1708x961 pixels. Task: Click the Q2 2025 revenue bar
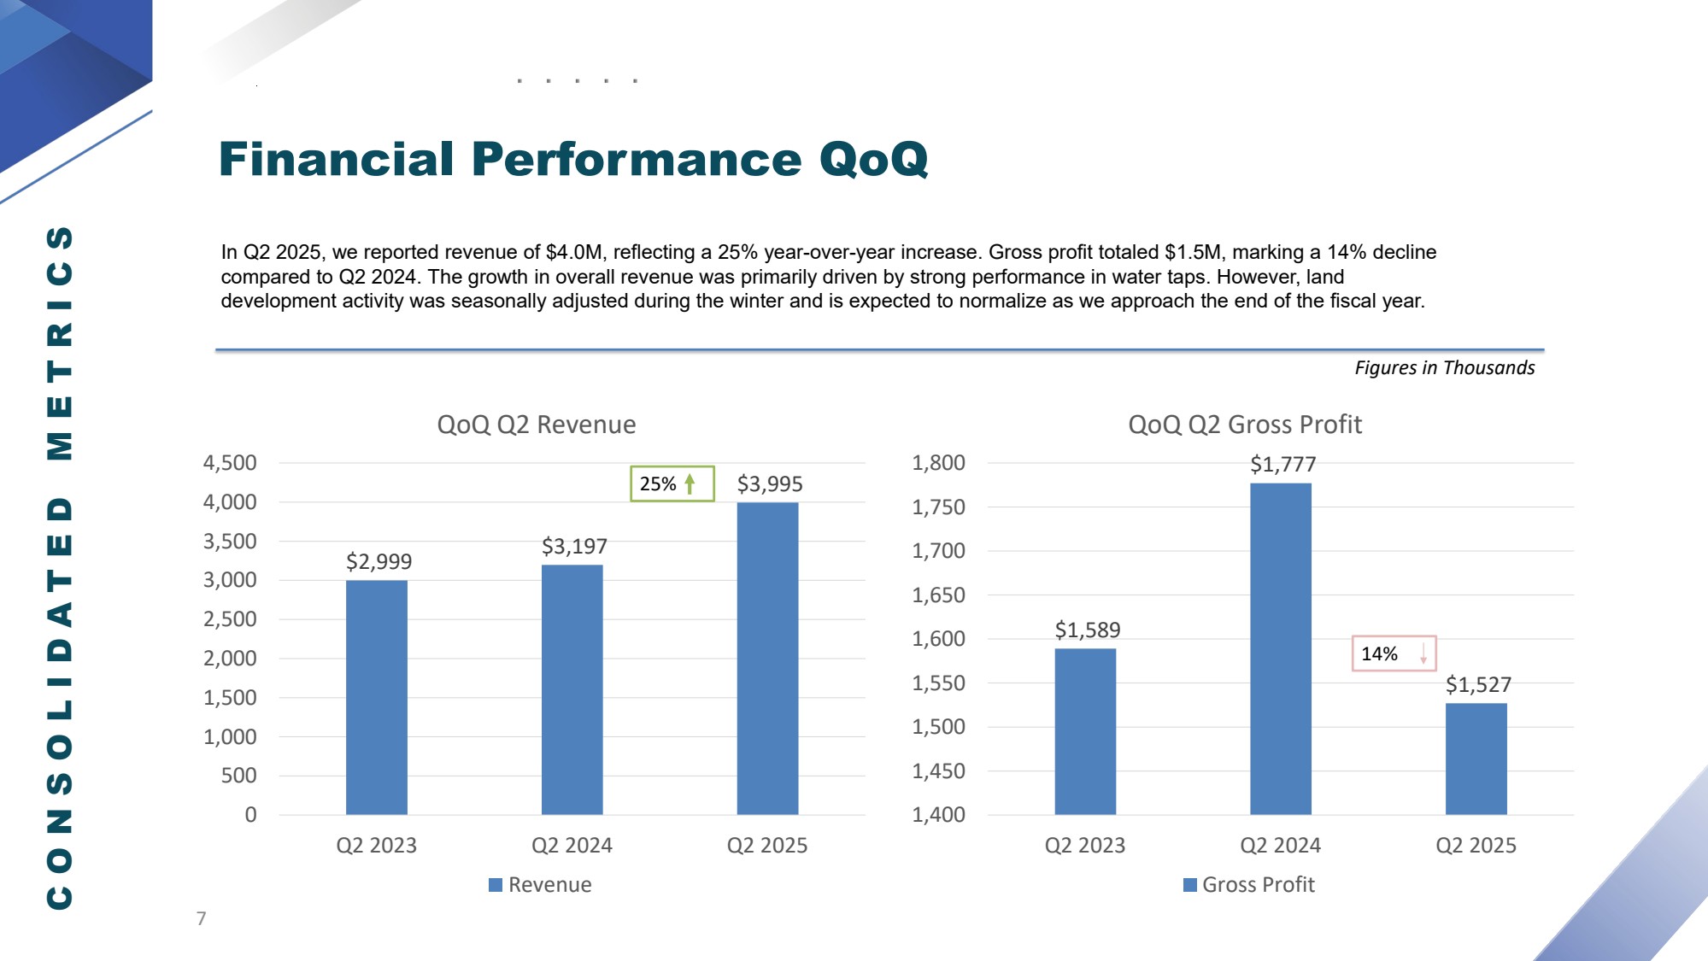(767, 658)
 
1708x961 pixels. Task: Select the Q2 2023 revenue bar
(376, 697)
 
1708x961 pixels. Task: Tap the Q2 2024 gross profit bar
(1280, 648)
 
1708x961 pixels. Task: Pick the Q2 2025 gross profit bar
(1476, 759)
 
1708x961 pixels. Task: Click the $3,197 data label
(574, 547)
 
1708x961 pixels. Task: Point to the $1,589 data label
(1087, 630)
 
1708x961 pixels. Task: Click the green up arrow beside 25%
(690, 483)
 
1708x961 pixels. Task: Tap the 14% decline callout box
(1393, 653)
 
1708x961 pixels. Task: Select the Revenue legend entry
(540, 885)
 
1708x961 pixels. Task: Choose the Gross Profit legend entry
(1249, 885)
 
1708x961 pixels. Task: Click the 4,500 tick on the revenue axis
(230, 463)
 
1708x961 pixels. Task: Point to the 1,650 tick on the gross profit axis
(938, 595)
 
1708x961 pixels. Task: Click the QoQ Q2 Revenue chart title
(536, 425)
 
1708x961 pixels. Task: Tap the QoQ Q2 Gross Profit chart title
(1244, 425)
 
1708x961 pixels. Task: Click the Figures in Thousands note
(1444, 367)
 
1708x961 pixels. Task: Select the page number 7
(201, 918)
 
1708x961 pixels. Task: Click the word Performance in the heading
(636, 160)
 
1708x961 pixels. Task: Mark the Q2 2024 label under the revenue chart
(572, 846)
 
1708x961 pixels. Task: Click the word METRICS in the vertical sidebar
(60, 343)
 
